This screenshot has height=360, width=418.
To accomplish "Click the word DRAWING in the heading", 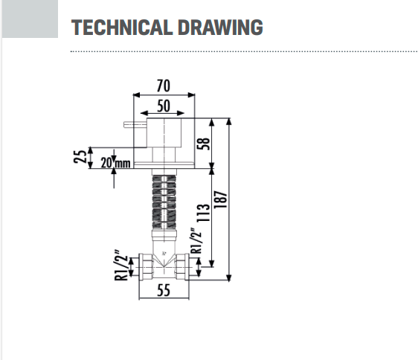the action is click(220, 28).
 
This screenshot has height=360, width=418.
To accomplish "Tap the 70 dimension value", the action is click(163, 86).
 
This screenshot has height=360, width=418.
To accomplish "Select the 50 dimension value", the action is click(163, 106).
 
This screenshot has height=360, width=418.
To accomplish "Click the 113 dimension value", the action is click(203, 213).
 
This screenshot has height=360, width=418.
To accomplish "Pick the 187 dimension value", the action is click(220, 199).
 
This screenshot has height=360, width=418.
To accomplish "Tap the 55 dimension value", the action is click(164, 290).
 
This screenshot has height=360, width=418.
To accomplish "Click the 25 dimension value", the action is click(80, 156).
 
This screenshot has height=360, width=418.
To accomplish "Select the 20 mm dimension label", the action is click(116, 163).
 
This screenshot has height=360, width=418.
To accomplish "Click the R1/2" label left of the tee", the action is click(121, 266).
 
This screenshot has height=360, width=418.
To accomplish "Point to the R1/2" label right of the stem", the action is click(196, 241).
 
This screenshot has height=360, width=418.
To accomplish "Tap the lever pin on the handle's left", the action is click(135, 124).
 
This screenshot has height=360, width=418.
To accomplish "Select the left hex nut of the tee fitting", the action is click(146, 267).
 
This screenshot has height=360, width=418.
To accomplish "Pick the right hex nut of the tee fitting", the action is click(182, 267).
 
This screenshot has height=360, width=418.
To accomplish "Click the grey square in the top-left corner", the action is click(30, 19).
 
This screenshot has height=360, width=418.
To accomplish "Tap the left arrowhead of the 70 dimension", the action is click(136, 95).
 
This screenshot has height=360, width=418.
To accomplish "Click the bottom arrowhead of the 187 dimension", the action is click(229, 277).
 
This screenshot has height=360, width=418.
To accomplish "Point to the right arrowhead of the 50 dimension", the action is click(181, 113).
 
